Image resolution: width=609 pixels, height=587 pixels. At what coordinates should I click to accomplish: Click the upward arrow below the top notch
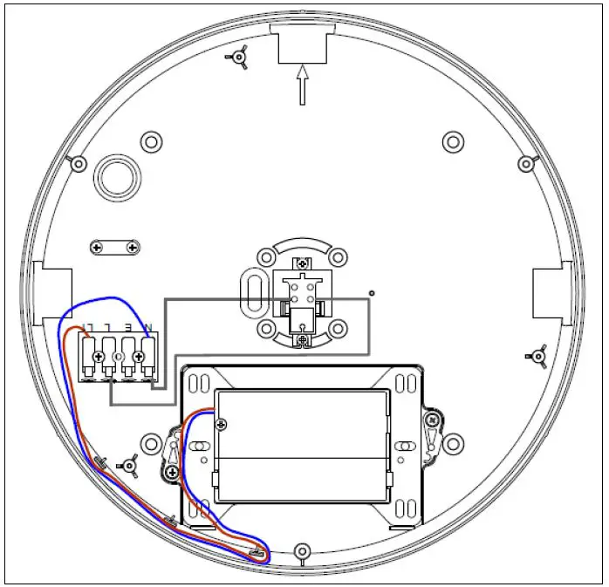pyautogui.click(x=302, y=85)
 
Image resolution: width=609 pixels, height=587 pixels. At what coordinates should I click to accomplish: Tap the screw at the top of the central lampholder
pyautogui.click(x=302, y=263)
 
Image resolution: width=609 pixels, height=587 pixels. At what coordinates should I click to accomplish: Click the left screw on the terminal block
pyautogui.click(x=88, y=356)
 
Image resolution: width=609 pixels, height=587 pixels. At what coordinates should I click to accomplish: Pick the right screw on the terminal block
pyautogui.click(x=138, y=356)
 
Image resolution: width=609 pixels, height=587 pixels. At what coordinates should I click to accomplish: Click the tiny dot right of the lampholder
pyautogui.click(x=372, y=292)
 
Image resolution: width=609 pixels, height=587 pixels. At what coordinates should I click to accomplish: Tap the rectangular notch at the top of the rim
pyautogui.click(x=302, y=44)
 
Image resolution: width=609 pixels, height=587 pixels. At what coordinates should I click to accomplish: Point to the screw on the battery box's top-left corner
pyautogui.click(x=222, y=424)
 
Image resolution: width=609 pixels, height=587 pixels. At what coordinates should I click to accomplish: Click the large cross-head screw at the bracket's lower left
pyautogui.click(x=173, y=472)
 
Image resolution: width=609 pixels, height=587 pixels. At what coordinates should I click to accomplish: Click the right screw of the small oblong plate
pyautogui.click(x=132, y=248)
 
